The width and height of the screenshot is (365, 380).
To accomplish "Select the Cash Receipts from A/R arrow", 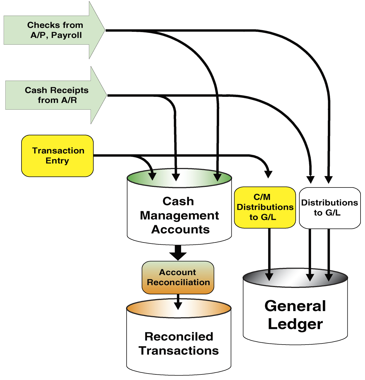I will tap(56, 95).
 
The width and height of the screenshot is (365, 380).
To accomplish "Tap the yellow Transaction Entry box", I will tap(58, 156).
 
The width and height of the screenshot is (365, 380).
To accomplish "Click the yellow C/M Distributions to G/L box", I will tap(265, 207).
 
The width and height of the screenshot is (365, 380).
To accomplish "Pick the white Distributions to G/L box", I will tap(330, 208).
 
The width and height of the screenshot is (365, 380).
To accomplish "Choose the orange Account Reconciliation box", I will tap(178, 277).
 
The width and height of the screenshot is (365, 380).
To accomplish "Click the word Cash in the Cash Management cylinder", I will tap(178, 201).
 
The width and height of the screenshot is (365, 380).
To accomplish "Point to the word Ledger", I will tap(295, 324).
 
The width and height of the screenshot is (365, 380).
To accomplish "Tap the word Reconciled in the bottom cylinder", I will tap(179, 337).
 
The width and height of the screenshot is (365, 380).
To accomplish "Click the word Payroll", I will tap(67, 35).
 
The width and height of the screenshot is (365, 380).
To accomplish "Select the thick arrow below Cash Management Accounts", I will tap(178, 252).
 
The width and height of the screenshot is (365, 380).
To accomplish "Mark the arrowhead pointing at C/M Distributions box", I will tap(268, 174).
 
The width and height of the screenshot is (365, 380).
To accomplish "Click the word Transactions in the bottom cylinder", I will tap(179, 351).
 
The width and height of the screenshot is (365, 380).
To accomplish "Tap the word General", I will tap(295, 306).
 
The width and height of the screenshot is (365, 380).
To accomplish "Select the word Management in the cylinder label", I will tap(179, 216).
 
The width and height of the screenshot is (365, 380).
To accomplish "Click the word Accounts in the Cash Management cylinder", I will tap(180, 230).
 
